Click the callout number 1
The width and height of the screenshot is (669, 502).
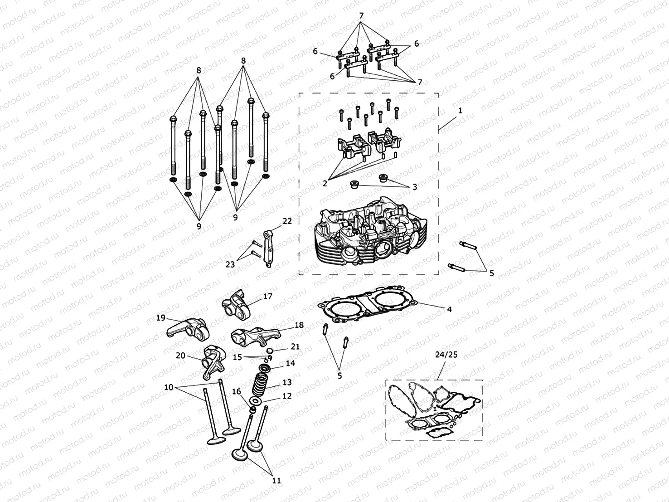(x=460, y=110)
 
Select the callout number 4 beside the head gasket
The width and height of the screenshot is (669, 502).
(x=449, y=309)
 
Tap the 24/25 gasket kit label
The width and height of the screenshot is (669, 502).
(x=446, y=355)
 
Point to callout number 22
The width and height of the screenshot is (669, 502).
(x=287, y=221)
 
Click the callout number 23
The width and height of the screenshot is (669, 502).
(x=230, y=264)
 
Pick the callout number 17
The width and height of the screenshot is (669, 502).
(x=267, y=296)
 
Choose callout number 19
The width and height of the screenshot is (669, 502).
(x=161, y=318)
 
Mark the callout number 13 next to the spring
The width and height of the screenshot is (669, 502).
(x=287, y=382)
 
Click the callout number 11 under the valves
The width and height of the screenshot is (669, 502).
(x=276, y=480)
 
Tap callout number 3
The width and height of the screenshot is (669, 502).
(x=414, y=187)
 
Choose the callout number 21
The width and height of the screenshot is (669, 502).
(x=295, y=346)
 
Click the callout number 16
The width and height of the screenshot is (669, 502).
(x=236, y=391)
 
